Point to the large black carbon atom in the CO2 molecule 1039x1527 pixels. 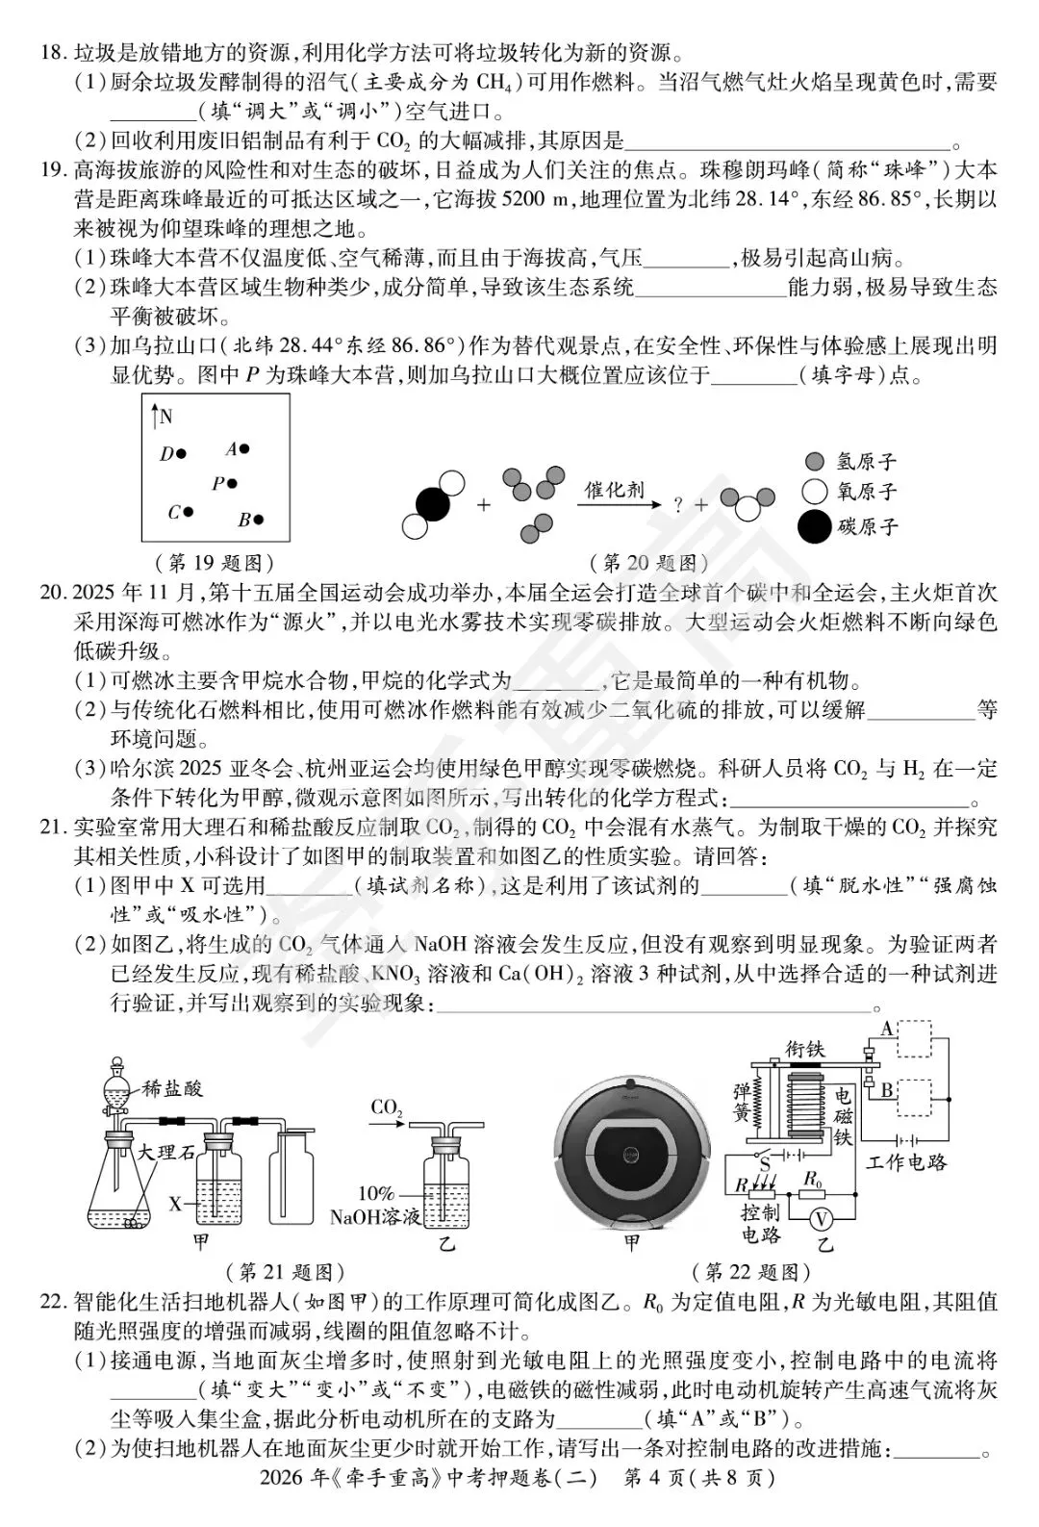[x=432, y=503]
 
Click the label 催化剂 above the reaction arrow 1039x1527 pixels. [x=616, y=489]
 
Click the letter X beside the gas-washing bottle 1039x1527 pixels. [x=175, y=1203]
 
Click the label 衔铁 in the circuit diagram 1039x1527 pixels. [x=804, y=1049]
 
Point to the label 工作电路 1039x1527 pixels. [x=906, y=1162]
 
